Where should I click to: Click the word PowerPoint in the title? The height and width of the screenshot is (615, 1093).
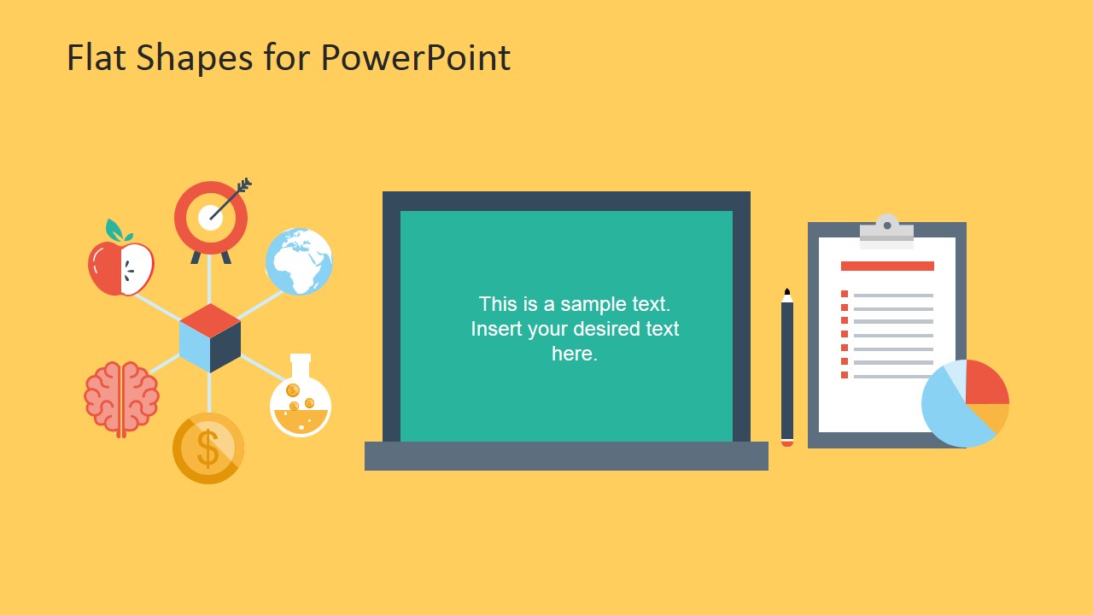click(416, 58)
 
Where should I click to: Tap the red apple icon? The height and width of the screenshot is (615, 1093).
click(120, 268)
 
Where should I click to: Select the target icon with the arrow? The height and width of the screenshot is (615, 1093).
click(211, 217)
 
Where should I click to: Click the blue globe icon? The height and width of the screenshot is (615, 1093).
click(299, 261)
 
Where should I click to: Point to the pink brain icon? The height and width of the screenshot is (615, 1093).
click(121, 399)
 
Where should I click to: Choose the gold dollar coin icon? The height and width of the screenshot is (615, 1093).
click(208, 448)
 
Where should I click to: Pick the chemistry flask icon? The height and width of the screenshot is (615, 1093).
click(301, 399)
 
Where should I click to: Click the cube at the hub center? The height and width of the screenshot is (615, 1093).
click(210, 337)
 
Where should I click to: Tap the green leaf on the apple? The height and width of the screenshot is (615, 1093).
click(115, 231)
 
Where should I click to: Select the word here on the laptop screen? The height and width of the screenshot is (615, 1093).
click(574, 354)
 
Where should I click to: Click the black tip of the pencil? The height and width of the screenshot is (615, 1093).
click(787, 292)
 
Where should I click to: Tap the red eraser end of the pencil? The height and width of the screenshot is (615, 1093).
click(787, 443)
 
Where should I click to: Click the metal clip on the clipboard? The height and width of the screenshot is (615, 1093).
click(886, 229)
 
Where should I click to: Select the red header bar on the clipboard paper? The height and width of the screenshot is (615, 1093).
click(887, 266)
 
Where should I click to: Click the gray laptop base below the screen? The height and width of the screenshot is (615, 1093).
click(566, 456)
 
